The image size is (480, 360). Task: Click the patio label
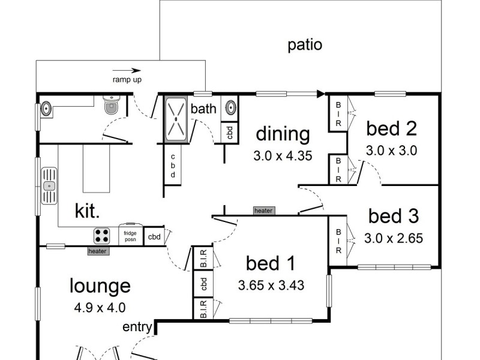point(305,45)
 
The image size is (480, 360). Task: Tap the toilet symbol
point(112,106)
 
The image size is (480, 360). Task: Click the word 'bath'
point(203,109)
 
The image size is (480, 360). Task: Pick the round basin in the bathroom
point(230,109)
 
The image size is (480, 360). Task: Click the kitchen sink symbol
point(49,187)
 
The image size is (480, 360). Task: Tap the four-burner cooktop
point(102,235)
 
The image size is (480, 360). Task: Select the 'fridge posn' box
point(130,235)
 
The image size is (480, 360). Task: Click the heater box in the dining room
point(263,211)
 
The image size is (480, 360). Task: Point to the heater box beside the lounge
point(98,251)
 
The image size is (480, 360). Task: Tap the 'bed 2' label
point(391,128)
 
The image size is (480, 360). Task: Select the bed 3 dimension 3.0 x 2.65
point(394,238)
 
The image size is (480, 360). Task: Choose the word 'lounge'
point(100,286)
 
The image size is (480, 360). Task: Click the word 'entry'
point(137,327)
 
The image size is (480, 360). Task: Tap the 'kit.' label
point(87,210)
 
